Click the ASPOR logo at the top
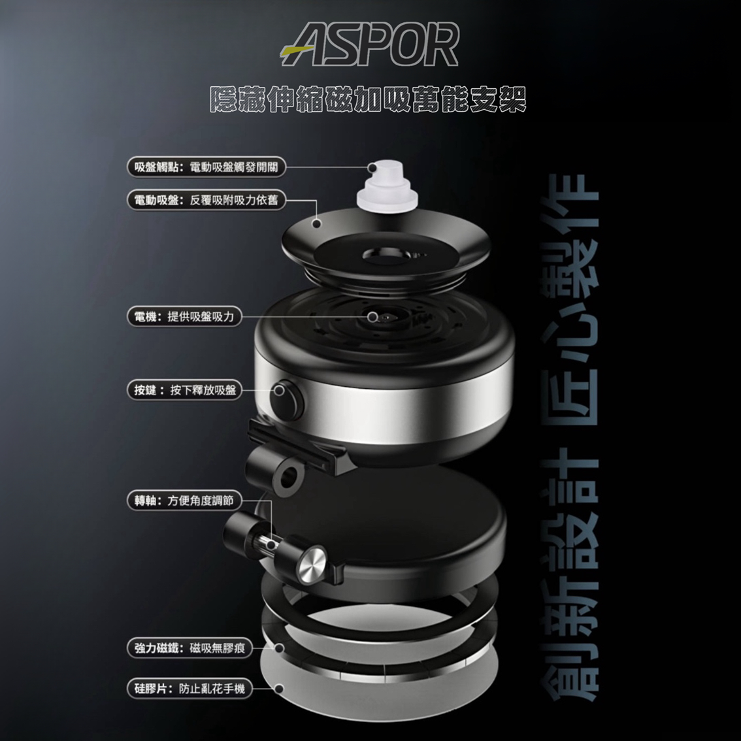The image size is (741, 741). point(369,44)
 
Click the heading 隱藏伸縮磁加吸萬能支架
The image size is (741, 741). point(368,99)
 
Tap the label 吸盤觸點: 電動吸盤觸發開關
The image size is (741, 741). point(206,167)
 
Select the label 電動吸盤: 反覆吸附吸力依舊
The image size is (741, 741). point(206,200)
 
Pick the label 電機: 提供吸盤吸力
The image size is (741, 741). point(184,316)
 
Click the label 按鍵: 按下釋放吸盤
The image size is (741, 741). point(184,390)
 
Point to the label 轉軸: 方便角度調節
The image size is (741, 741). point(184,501)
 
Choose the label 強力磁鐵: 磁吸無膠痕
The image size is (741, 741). point(189,648)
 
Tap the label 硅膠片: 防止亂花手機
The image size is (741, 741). point(189,689)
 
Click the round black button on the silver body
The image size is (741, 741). point(286,399)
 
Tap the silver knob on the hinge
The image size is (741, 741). point(311,563)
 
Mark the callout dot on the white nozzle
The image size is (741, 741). point(372,167)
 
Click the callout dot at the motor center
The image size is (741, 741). point(373,317)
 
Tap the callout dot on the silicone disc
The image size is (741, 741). point(279,689)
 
